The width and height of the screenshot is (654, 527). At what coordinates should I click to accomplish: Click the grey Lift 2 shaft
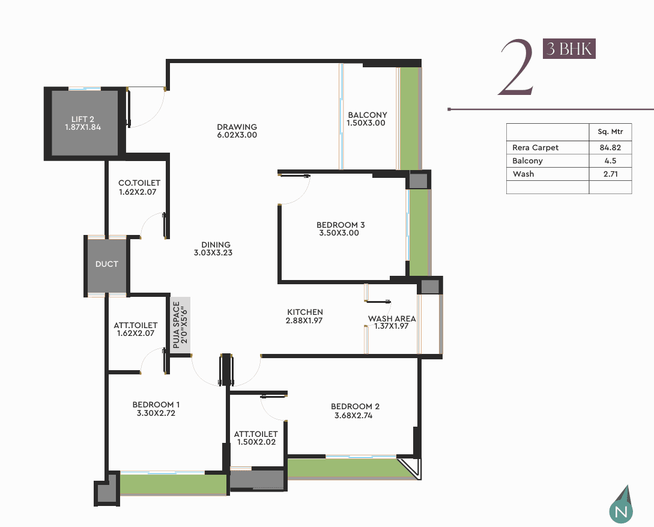(85, 123)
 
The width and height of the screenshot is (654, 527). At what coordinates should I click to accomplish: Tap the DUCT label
(107, 264)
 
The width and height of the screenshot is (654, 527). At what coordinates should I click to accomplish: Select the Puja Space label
(180, 324)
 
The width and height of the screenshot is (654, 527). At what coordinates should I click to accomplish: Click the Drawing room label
(237, 130)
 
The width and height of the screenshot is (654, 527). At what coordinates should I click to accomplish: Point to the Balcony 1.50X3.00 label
(367, 119)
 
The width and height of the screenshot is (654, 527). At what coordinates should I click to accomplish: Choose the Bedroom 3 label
(341, 229)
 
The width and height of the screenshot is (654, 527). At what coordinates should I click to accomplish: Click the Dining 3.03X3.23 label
(214, 249)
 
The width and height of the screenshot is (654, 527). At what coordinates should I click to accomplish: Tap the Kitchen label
(304, 316)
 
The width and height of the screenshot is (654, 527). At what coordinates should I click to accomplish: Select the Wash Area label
(392, 322)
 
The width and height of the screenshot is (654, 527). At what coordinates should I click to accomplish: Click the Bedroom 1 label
(156, 409)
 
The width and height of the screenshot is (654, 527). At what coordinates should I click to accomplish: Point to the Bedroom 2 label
(355, 410)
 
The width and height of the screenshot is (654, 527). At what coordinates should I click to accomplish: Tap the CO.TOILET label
(139, 187)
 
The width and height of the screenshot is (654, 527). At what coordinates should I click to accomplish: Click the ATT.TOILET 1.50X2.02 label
(256, 438)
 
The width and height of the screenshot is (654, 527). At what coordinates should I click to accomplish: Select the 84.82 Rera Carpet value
(610, 147)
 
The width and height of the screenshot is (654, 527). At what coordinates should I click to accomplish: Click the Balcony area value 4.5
(610, 160)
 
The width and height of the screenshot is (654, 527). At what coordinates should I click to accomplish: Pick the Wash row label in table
(523, 174)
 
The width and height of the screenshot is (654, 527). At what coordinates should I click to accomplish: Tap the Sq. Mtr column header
(610, 132)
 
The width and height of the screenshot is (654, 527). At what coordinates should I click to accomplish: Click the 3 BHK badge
(569, 49)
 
